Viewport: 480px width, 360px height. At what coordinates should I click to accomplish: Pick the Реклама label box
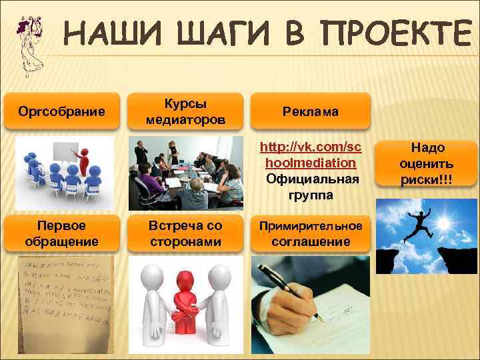pos(310,111)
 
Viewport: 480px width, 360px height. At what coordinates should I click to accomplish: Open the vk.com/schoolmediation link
pos(310,155)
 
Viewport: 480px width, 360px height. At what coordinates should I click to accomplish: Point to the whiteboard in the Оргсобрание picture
pos(65,152)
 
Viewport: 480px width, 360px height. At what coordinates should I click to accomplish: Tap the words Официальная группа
pos(310,187)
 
